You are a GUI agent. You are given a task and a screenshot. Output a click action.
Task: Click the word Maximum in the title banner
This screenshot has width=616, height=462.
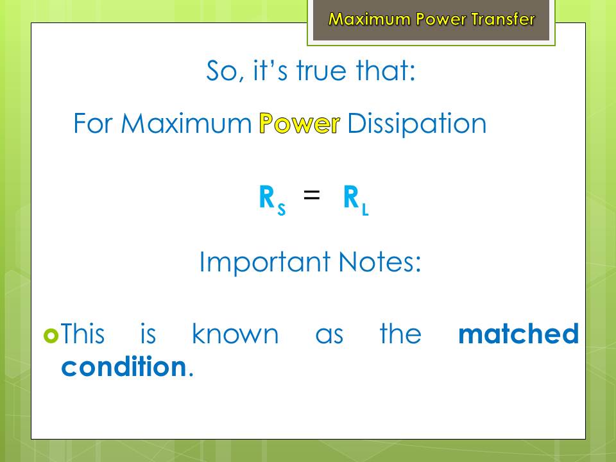tap(370, 19)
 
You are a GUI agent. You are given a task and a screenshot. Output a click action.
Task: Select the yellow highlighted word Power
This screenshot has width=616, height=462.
tap(300, 123)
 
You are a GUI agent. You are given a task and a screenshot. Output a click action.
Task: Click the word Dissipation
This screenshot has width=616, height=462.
tap(417, 124)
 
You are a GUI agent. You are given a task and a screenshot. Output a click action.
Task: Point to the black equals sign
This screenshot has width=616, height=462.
tap(312, 195)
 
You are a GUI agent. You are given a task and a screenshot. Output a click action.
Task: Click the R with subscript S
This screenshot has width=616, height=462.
tap(272, 200)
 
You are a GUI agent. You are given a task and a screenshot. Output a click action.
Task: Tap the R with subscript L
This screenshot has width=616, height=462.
tap(356, 200)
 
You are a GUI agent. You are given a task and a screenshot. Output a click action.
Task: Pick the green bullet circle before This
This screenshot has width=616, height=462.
tap(51, 336)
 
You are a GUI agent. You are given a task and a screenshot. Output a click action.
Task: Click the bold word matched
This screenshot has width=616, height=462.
tap(518, 334)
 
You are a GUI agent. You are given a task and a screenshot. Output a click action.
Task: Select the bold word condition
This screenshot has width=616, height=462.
tap(124, 366)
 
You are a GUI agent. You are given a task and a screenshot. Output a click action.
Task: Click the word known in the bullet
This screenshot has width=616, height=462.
tap(235, 334)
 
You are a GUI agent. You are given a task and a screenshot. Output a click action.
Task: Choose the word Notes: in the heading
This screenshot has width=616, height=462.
tap(379, 262)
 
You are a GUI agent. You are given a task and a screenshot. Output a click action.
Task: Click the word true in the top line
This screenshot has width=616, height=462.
tap(321, 71)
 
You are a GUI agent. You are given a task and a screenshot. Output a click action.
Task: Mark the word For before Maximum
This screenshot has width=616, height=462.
tap(92, 124)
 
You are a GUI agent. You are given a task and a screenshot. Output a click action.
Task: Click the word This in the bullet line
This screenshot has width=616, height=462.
tap(83, 334)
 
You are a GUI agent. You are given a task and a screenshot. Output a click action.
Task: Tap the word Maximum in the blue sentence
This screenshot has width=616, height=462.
tap(186, 124)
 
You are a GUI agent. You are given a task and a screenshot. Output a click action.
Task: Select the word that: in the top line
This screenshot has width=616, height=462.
tap(386, 71)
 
